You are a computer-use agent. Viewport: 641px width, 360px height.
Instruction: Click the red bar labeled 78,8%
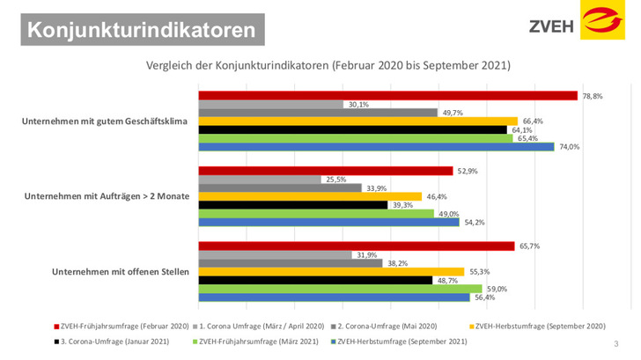coord(387,95)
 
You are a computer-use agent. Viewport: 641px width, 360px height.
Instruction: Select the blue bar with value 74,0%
coord(376,147)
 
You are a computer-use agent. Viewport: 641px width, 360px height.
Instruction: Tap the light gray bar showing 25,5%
coord(260,179)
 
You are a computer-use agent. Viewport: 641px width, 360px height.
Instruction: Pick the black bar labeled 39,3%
coord(293,204)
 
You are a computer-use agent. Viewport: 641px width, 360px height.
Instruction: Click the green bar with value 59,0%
coord(340,289)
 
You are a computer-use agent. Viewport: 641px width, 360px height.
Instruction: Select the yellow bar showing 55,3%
coord(331,271)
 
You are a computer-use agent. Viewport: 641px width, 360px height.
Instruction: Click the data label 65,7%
coord(528,246)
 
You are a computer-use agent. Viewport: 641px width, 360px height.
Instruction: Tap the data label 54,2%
coord(473,222)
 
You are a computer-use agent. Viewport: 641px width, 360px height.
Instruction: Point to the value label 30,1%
coord(358,104)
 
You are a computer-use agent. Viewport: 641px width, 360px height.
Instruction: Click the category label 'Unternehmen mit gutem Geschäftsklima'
coord(106,121)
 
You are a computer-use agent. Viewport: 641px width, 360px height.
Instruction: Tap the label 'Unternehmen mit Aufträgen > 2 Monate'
coord(106,195)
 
